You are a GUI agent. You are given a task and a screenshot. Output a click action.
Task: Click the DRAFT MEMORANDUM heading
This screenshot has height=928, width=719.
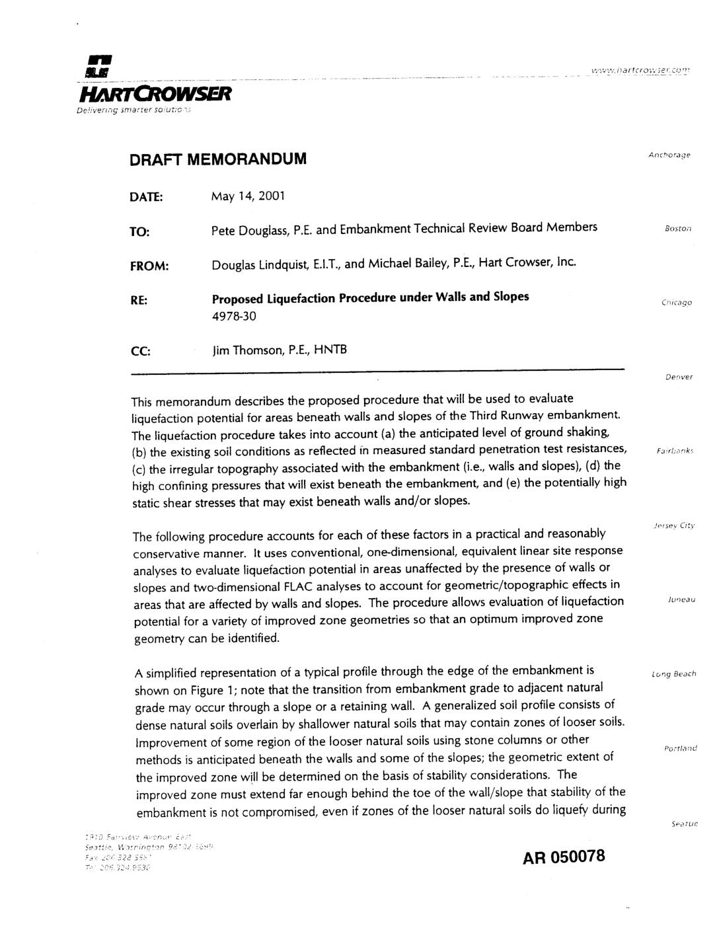click(x=218, y=159)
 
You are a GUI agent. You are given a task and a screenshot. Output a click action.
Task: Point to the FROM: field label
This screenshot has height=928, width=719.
click(x=149, y=266)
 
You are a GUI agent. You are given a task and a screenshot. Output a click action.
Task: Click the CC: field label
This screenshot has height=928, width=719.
click(x=141, y=351)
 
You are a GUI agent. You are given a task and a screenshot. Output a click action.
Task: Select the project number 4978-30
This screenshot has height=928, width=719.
click(x=234, y=316)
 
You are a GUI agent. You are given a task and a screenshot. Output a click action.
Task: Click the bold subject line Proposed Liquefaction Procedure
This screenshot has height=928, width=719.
click(x=370, y=297)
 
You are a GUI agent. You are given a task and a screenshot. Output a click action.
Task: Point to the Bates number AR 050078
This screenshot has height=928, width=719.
click(x=564, y=857)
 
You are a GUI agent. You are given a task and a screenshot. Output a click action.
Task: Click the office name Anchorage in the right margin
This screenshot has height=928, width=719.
click(x=669, y=155)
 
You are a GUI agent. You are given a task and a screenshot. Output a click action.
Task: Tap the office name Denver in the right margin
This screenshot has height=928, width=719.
click(x=679, y=377)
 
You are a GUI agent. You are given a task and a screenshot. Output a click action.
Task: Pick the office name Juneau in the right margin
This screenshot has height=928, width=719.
click(x=681, y=599)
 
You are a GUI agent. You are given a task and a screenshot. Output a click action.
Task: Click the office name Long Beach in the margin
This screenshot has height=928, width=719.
click(x=673, y=674)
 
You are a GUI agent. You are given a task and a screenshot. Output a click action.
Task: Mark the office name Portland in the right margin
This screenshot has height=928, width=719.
click(x=680, y=748)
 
